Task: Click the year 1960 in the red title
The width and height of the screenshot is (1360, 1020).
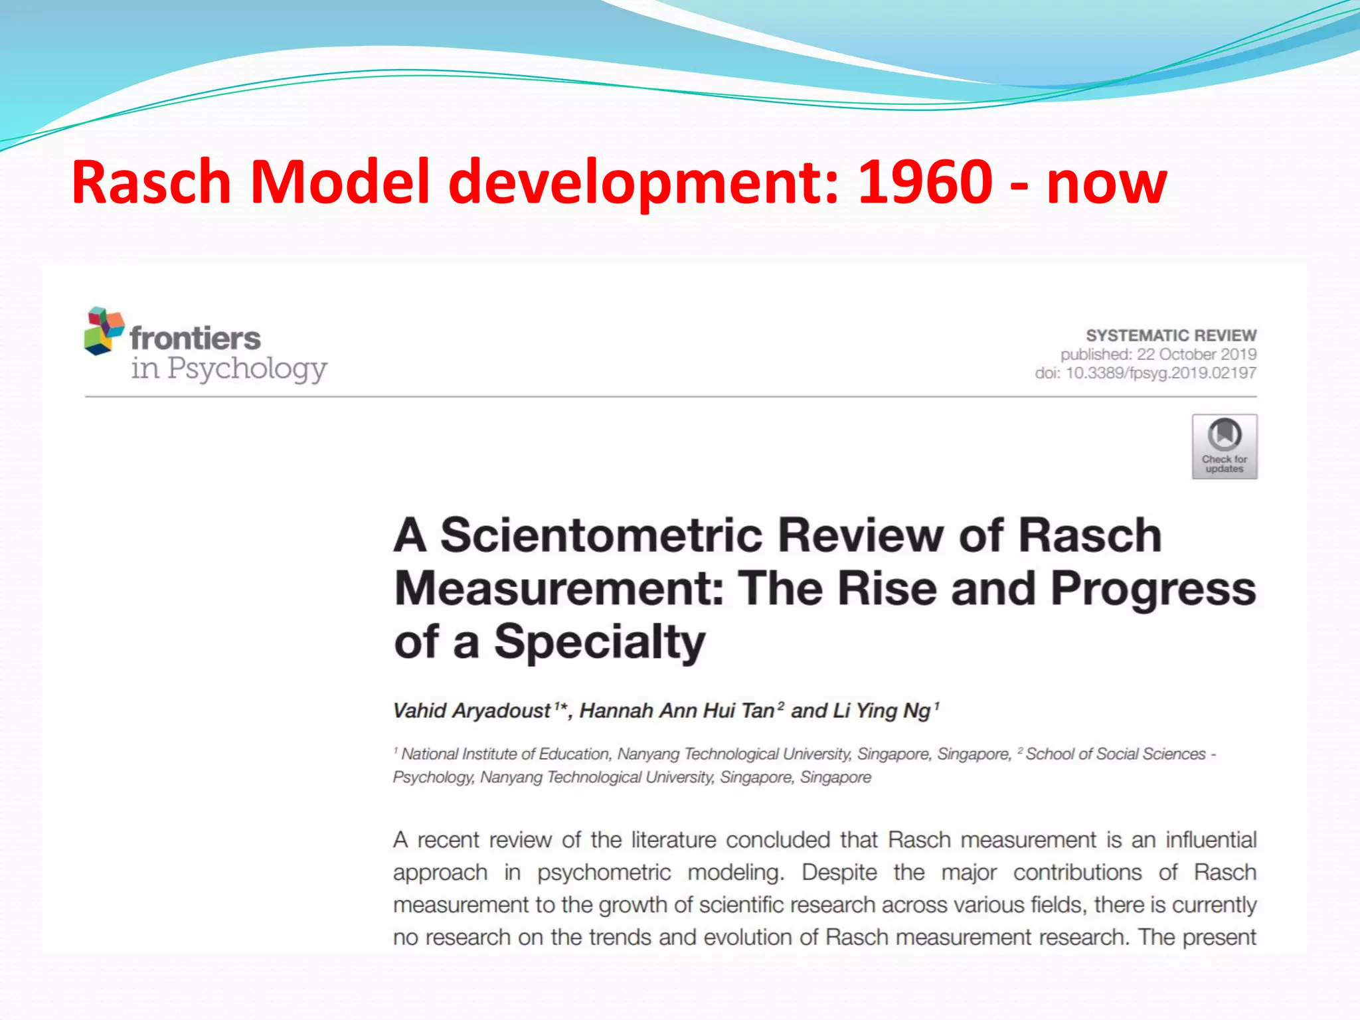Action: point(925,182)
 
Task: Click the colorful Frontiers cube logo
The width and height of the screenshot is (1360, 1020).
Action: point(104,330)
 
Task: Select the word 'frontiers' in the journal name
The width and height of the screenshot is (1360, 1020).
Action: point(195,338)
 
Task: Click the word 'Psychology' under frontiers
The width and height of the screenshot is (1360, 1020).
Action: point(247,369)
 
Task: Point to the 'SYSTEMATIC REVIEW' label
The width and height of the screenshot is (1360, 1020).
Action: point(1171,335)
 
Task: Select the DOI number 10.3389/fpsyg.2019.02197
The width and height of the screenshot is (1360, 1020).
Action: point(1160,373)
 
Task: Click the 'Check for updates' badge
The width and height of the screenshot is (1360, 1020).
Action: point(1224,446)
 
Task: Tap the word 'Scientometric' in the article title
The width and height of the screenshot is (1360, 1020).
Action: point(602,535)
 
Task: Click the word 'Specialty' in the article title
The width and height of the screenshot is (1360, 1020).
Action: point(599,642)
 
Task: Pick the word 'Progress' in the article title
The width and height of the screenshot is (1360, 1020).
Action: point(1153,589)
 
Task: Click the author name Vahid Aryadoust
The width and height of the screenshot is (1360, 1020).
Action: point(471,711)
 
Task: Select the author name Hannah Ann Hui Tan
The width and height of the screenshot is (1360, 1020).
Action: point(677,711)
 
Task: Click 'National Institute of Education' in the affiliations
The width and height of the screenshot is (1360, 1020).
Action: point(505,754)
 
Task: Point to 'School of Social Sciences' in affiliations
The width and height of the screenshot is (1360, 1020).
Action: point(1115,754)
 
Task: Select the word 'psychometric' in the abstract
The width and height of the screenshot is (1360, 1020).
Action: point(604,873)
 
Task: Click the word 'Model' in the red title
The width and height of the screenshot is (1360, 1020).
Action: point(340,182)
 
